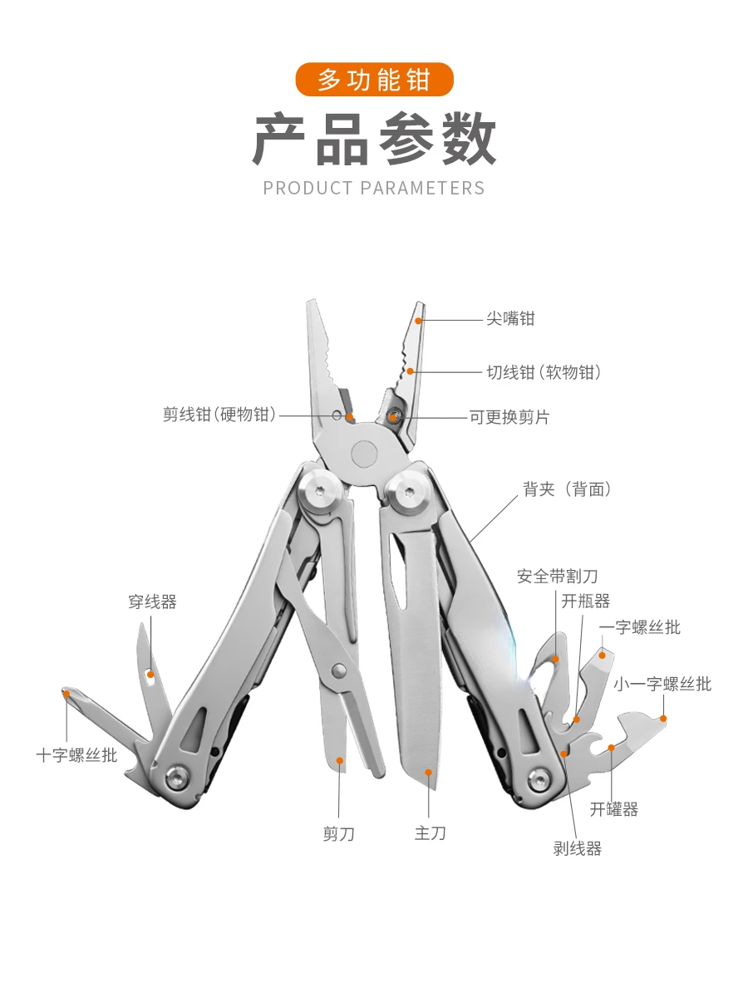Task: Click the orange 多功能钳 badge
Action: pos(374,80)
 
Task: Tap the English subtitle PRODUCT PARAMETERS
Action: pos(374,188)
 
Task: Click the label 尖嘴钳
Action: pos(510,318)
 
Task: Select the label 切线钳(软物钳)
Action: pos(544,372)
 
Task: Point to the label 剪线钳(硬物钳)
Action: pos(219,415)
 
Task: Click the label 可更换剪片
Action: pos(509,417)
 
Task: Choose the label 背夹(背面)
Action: pos(568,489)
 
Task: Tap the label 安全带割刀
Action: pos(557,577)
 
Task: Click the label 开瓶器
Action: pos(585,601)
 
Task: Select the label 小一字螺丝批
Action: pos(662,684)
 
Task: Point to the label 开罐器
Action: pos(613,809)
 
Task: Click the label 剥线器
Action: pos(578,848)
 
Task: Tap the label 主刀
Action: pos(430,833)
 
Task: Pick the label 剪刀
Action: pos(338,834)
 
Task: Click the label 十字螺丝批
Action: pos(76,755)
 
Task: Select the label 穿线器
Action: pos(152,602)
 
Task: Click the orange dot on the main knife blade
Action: pos(428,772)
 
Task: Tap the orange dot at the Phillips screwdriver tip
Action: pos(66,694)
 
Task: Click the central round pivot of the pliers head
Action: pos(364,454)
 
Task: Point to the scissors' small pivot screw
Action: pos(338,670)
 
